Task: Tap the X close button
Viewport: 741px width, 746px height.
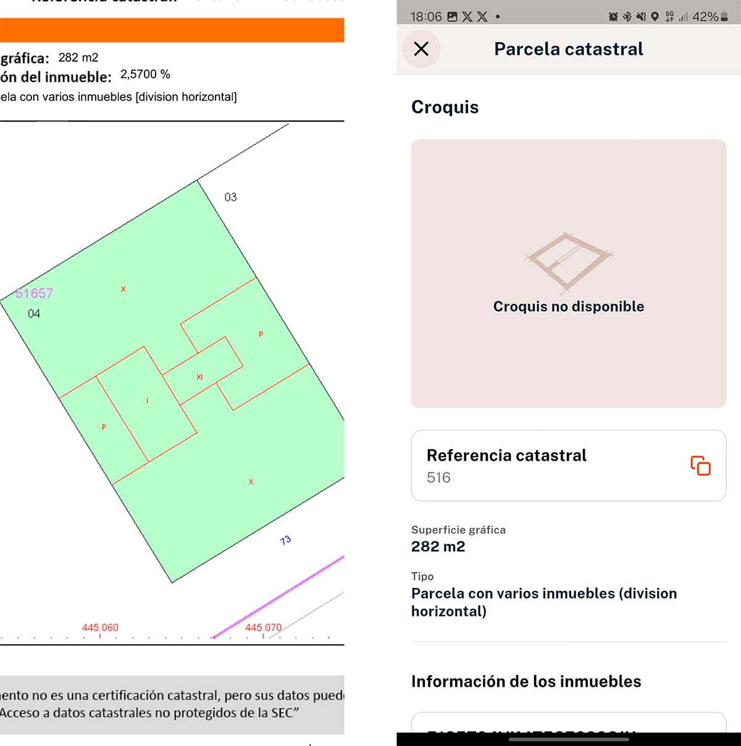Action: click(421, 49)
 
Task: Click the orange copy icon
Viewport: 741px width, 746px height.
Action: click(700, 466)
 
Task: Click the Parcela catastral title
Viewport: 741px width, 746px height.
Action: click(568, 49)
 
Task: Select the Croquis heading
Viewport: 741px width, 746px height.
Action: click(445, 107)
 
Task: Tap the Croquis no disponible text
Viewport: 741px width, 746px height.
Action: click(568, 306)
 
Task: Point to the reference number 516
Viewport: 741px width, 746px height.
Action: click(438, 477)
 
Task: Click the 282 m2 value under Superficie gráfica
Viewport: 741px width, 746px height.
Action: click(438, 547)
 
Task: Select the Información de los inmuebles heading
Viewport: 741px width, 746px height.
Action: click(526, 681)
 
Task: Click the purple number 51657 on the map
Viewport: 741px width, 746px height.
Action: click(35, 293)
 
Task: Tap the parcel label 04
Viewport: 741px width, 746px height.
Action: click(34, 314)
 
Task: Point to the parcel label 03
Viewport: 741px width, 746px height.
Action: click(230, 197)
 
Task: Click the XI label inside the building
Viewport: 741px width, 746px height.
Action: click(199, 377)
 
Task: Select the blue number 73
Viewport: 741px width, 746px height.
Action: click(285, 540)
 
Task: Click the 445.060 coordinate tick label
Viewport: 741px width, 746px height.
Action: click(100, 627)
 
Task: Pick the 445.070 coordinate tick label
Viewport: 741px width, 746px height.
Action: click(263, 627)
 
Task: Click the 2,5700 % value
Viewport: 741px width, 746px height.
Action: click(145, 74)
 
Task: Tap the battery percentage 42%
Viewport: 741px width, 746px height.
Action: click(705, 17)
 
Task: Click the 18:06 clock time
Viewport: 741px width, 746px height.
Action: click(426, 17)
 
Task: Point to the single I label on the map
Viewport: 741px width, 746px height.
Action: click(147, 401)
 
